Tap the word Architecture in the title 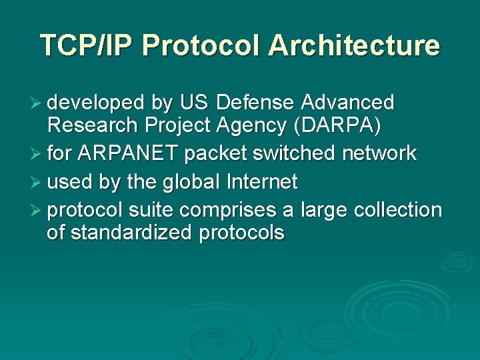pos(354,46)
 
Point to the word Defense pos(256,103)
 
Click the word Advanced pos(347,103)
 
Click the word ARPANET pos(128,153)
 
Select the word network pos(379,153)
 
